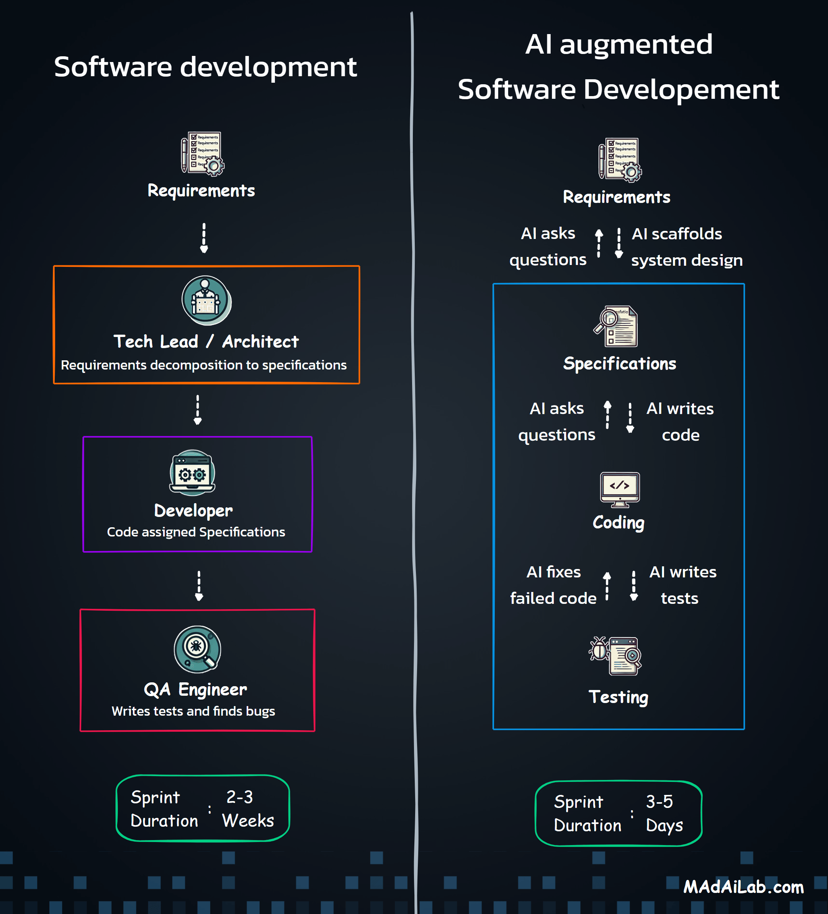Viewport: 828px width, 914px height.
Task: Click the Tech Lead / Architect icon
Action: pyautogui.click(x=206, y=300)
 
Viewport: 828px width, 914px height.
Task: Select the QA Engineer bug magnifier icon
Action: pyautogui.click(x=197, y=649)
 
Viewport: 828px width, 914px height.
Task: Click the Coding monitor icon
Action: pyautogui.click(x=619, y=489)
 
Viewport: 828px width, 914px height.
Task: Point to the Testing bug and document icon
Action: pyautogui.click(x=616, y=656)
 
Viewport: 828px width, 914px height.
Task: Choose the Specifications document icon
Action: pyautogui.click(x=616, y=326)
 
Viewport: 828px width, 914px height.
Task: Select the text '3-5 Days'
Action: pyautogui.click(x=664, y=814)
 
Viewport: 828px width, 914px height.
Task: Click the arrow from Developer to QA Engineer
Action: pyautogui.click(x=199, y=586)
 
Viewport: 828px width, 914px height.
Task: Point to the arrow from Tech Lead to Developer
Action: pyautogui.click(x=197, y=409)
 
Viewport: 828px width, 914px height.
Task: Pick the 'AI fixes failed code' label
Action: pyautogui.click(x=553, y=585)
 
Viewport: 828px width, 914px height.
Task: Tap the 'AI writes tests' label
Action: pyautogui.click(x=682, y=585)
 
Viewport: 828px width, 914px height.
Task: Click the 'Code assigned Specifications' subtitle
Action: pyautogui.click(x=196, y=532)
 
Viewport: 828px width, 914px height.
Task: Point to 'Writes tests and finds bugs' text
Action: pyautogui.click(x=193, y=711)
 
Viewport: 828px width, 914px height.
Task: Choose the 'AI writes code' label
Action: pyautogui.click(x=680, y=422)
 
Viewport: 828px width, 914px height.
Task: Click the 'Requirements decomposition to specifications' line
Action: pyautogui.click(x=204, y=365)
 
